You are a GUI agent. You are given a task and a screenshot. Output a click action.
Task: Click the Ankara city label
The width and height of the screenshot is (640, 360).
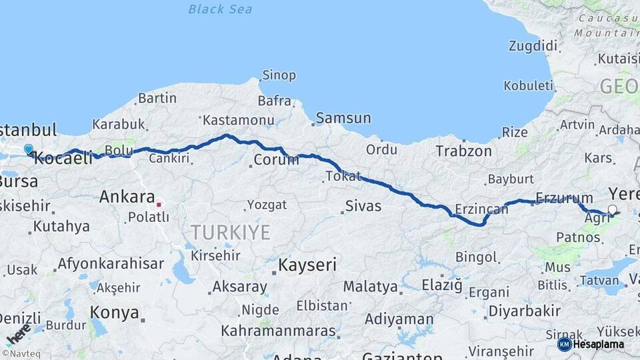coord(126,197)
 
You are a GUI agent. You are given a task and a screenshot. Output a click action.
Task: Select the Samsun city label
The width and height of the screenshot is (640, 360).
coord(343,118)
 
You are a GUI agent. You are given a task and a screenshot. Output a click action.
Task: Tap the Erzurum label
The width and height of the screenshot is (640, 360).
coord(564,198)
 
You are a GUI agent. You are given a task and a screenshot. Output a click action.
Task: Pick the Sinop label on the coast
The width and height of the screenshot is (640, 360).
coord(279,75)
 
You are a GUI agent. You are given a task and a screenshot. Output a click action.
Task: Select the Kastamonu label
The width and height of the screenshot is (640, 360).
coord(238,121)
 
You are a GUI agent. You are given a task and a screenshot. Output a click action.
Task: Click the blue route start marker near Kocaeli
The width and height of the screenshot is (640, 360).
coord(29,149)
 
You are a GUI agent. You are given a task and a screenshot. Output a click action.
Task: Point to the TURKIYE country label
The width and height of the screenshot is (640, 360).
coord(231,233)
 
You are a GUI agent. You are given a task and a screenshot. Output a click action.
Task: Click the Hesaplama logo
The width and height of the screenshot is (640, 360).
coord(590,344)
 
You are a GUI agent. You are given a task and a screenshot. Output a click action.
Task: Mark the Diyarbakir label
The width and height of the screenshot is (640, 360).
coord(524,311)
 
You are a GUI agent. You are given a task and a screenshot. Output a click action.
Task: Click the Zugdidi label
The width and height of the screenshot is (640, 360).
coord(533,46)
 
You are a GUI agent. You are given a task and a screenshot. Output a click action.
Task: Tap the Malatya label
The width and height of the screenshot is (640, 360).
coord(370,287)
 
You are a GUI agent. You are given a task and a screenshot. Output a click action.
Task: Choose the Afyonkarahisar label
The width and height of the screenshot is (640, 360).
coord(110,264)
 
